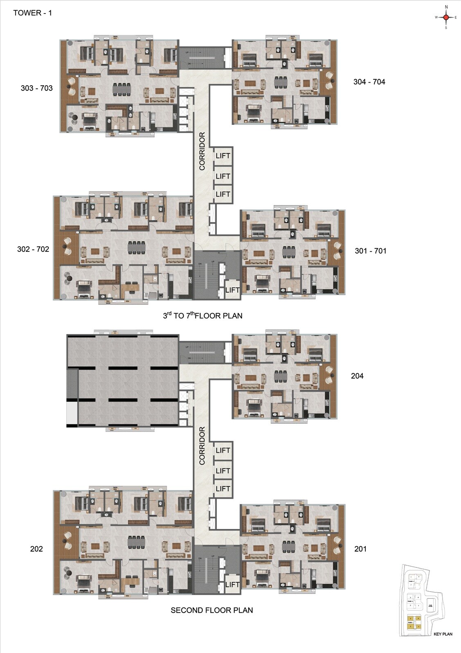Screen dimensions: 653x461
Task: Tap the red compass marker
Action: click(446, 17)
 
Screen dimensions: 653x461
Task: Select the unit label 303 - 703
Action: click(36, 88)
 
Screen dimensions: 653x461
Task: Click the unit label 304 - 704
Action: click(369, 82)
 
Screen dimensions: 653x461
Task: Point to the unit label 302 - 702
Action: click(33, 249)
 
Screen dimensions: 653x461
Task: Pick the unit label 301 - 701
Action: click(370, 251)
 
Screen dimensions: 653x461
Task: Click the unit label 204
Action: click(357, 376)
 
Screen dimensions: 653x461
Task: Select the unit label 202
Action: click(36, 549)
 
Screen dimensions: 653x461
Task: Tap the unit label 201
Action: click(360, 549)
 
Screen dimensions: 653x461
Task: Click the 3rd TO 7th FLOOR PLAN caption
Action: click(202, 316)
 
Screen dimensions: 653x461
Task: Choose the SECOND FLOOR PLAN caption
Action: click(211, 610)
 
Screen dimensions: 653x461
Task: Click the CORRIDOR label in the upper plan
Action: click(202, 151)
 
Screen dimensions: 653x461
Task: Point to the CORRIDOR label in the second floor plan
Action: click(202, 446)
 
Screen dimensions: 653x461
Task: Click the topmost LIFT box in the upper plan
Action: click(223, 156)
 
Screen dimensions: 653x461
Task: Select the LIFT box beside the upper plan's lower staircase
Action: click(232, 290)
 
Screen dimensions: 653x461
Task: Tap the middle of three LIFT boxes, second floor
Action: click(223, 471)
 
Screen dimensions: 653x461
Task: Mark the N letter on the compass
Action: click(446, 7)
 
